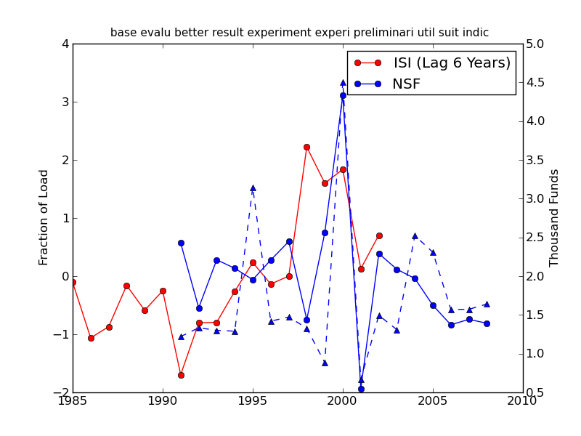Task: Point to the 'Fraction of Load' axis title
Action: pos(44,217)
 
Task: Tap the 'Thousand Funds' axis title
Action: pos(554,217)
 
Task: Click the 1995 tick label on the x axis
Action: pos(253,400)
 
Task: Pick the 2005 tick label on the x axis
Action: pos(433,400)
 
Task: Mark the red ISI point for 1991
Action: pos(181,375)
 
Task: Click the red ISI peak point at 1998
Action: pos(306,147)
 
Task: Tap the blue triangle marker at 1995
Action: pos(253,187)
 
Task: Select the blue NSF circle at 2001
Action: pos(361,389)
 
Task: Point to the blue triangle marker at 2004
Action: pos(415,235)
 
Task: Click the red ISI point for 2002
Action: pos(379,235)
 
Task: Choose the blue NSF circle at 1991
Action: pos(181,243)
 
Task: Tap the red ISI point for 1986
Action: pos(91,338)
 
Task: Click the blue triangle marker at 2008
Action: pos(487,304)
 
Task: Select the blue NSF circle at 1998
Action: pos(306,320)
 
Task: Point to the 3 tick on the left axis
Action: pos(65,102)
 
